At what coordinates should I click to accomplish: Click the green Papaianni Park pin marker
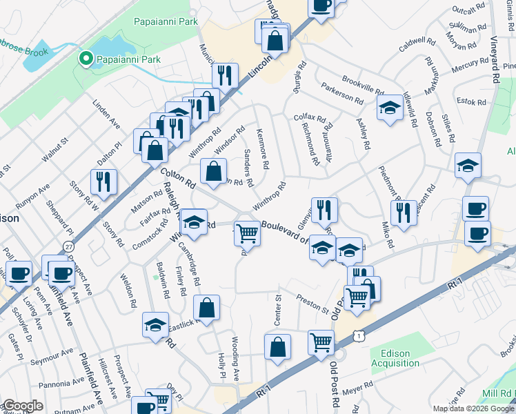click(86, 59)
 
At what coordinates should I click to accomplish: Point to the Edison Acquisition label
click(390, 358)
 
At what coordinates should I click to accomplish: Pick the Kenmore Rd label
click(262, 148)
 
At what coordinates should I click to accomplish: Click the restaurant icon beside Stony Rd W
click(104, 182)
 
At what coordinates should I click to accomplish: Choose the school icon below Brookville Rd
click(390, 108)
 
